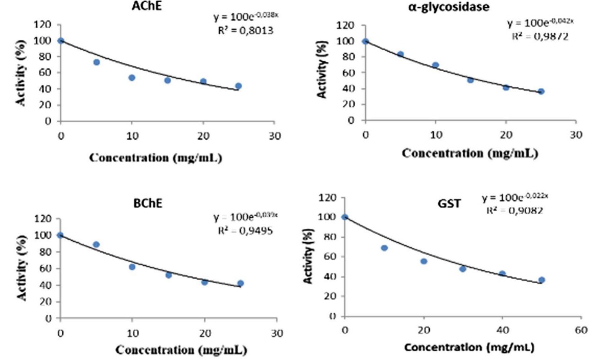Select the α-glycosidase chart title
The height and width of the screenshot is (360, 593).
pos(448,7)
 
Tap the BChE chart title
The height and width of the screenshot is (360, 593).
pos(148,203)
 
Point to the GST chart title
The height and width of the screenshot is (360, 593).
pos(449,204)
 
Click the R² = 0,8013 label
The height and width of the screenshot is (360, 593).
pos(245,30)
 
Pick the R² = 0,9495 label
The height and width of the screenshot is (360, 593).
pos(245,230)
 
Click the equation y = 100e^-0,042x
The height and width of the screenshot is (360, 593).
pos(540,23)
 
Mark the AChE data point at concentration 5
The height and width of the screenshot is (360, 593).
pos(97,62)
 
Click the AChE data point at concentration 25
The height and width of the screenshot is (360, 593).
pos(238,86)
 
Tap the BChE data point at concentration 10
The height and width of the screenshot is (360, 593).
pos(132,267)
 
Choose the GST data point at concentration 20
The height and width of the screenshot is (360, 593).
pos(424,261)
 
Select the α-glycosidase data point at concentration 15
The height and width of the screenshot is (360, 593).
pos(470,80)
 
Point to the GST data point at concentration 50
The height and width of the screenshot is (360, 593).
pos(542,280)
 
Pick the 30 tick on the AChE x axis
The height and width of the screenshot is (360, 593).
pos(274,136)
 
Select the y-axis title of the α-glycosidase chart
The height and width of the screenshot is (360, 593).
pos(322,69)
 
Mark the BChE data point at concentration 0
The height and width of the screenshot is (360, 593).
pos(60,235)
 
